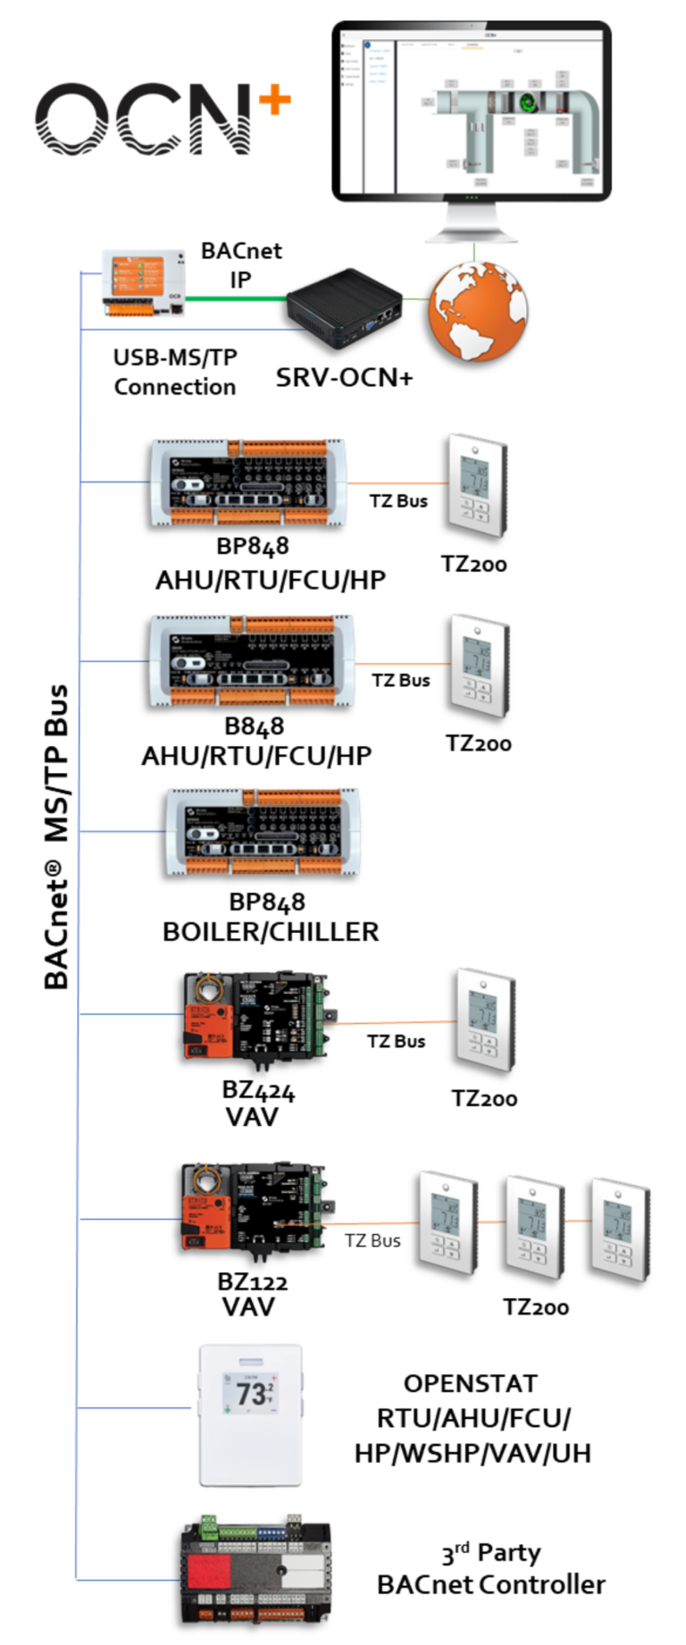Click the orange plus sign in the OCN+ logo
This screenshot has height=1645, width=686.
(x=275, y=100)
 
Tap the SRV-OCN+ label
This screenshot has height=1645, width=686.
(x=344, y=378)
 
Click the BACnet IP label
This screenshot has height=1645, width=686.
(x=240, y=264)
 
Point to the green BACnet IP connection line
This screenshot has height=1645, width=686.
(x=241, y=298)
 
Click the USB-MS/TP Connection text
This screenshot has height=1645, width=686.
(x=175, y=372)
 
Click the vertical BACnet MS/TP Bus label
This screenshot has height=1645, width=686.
(x=56, y=836)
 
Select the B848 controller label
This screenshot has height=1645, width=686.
(x=254, y=726)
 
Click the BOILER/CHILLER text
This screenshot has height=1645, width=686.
(x=271, y=932)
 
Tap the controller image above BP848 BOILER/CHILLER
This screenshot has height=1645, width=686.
(x=261, y=833)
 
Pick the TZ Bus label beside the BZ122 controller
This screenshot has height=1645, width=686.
(x=372, y=1240)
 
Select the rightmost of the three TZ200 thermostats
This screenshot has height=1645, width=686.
(x=619, y=1230)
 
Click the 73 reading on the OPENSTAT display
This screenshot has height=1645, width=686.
(x=250, y=1394)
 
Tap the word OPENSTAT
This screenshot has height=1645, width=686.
(x=470, y=1383)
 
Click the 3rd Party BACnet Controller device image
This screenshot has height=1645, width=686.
(x=255, y=1573)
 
